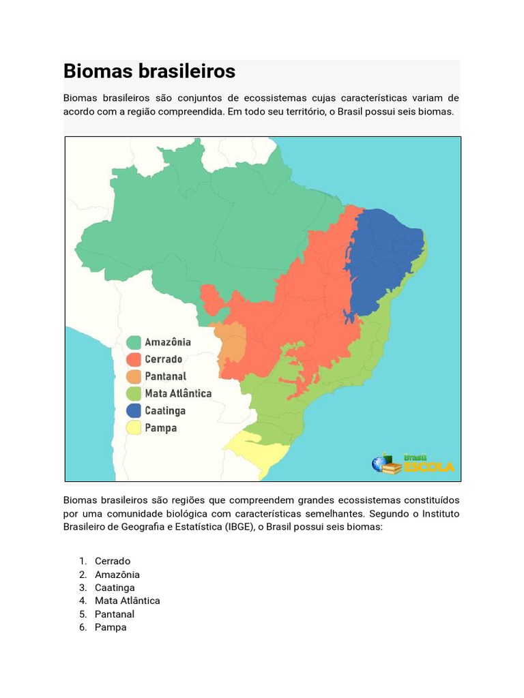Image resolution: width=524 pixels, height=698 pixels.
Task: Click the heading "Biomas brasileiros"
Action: click(x=149, y=72)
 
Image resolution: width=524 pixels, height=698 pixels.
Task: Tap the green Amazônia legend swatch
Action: click(x=134, y=342)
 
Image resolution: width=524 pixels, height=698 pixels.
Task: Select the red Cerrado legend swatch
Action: click(x=134, y=359)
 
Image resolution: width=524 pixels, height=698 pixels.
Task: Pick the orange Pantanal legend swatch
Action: click(x=134, y=376)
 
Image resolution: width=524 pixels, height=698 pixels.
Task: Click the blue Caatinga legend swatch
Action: click(x=134, y=411)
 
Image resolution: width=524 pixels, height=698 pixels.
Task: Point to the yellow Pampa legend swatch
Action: click(x=134, y=428)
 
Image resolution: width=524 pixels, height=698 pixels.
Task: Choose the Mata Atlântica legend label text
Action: click(x=178, y=393)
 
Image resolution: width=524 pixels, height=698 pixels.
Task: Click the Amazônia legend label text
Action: click(x=168, y=342)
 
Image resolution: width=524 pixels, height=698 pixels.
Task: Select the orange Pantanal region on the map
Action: click(x=232, y=341)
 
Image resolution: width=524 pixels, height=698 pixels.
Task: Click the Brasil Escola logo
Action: click(x=413, y=464)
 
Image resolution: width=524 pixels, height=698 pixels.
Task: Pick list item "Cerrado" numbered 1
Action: click(x=113, y=561)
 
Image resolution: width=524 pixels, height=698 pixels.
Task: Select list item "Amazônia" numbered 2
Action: click(x=117, y=575)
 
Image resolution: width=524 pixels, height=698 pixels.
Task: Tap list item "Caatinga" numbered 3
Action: click(x=115, y=588)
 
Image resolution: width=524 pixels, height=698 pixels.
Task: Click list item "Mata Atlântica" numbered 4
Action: click(x=128, y=601)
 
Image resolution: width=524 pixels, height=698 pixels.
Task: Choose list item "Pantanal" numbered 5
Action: click(x=115, y=614)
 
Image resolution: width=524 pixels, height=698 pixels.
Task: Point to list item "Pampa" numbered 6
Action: click(x=111, y=627)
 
